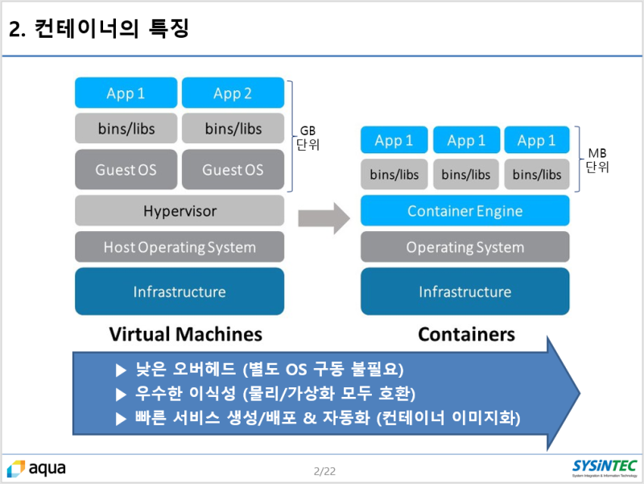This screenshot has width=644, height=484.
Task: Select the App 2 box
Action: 233,93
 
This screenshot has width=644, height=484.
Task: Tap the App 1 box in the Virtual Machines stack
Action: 126,93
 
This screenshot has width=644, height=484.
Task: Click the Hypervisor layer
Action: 180,211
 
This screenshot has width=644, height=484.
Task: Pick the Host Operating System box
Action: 180,247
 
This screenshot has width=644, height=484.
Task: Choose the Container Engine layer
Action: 464,211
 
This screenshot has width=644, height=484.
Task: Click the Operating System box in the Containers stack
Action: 464,247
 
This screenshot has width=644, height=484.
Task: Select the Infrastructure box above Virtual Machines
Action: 180,292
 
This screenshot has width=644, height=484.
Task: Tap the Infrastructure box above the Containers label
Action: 464,292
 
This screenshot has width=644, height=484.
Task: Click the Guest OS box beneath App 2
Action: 233,170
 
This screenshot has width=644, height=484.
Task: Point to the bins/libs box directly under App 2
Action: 233,129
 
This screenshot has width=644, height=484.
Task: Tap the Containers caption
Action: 466,333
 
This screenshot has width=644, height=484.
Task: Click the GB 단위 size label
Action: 308,138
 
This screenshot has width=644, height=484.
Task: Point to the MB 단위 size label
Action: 597,160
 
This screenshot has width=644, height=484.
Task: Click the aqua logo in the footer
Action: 37,468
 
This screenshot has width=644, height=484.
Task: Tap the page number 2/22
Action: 324,470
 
